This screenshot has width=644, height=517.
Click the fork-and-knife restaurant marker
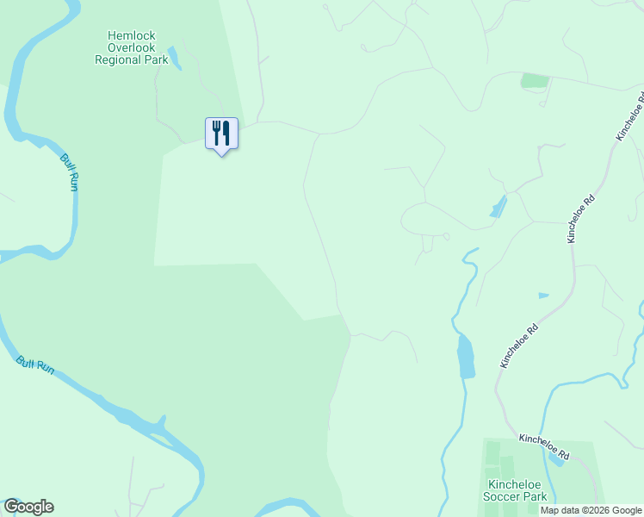(221, 134)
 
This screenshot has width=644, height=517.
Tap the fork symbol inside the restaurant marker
(215, 133)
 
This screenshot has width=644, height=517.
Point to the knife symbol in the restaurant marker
(226, 133)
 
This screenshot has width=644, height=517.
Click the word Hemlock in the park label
(131, 36)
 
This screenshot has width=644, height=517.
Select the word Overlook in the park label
(131, 48)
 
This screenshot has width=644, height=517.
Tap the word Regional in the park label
(119, 60)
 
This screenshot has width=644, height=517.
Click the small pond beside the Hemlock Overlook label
(175, 58)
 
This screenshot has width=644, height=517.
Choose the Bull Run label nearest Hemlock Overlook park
(70, 171)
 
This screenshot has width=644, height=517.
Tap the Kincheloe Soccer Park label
(517, 490)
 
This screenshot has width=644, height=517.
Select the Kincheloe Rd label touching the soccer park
(544, 445)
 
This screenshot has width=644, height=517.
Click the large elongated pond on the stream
(465, 356)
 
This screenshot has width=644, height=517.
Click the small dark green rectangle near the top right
(535, 81)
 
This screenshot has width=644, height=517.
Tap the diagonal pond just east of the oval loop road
(498, 207)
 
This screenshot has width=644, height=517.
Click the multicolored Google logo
(28, 507)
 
